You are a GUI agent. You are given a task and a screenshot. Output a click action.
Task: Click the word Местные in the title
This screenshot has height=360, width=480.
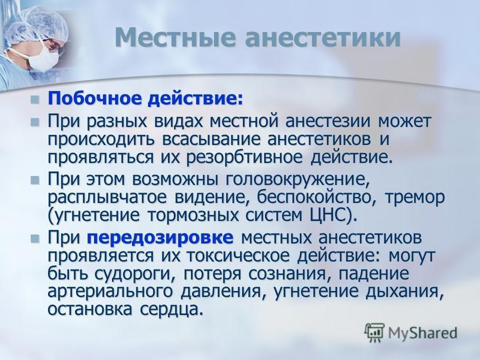pos(176,37)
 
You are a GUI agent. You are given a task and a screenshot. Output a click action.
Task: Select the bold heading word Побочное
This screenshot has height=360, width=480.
pos(95,98)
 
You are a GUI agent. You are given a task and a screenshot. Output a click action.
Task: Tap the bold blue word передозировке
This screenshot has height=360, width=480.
pos(160,238)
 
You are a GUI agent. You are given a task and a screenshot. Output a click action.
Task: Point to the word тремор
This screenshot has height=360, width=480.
pos(415,198)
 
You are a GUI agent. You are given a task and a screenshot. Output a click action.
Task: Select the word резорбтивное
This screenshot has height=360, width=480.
pos(244,158)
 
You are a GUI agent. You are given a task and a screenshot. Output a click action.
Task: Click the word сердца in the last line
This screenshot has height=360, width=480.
pos(172,310)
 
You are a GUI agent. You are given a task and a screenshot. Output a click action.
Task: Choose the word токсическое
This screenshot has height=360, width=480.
pos(238,256)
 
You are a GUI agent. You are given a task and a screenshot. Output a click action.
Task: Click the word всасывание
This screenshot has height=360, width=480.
pos(211,139)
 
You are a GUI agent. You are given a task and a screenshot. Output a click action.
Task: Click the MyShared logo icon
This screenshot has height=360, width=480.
pos(374,332)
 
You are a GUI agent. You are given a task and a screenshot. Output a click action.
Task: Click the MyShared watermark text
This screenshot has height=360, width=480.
pos(422,333)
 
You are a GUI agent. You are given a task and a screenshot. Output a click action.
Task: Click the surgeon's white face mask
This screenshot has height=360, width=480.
pos(42,58)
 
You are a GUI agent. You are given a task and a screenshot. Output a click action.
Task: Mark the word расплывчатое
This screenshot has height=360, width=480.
pos(107,198)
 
